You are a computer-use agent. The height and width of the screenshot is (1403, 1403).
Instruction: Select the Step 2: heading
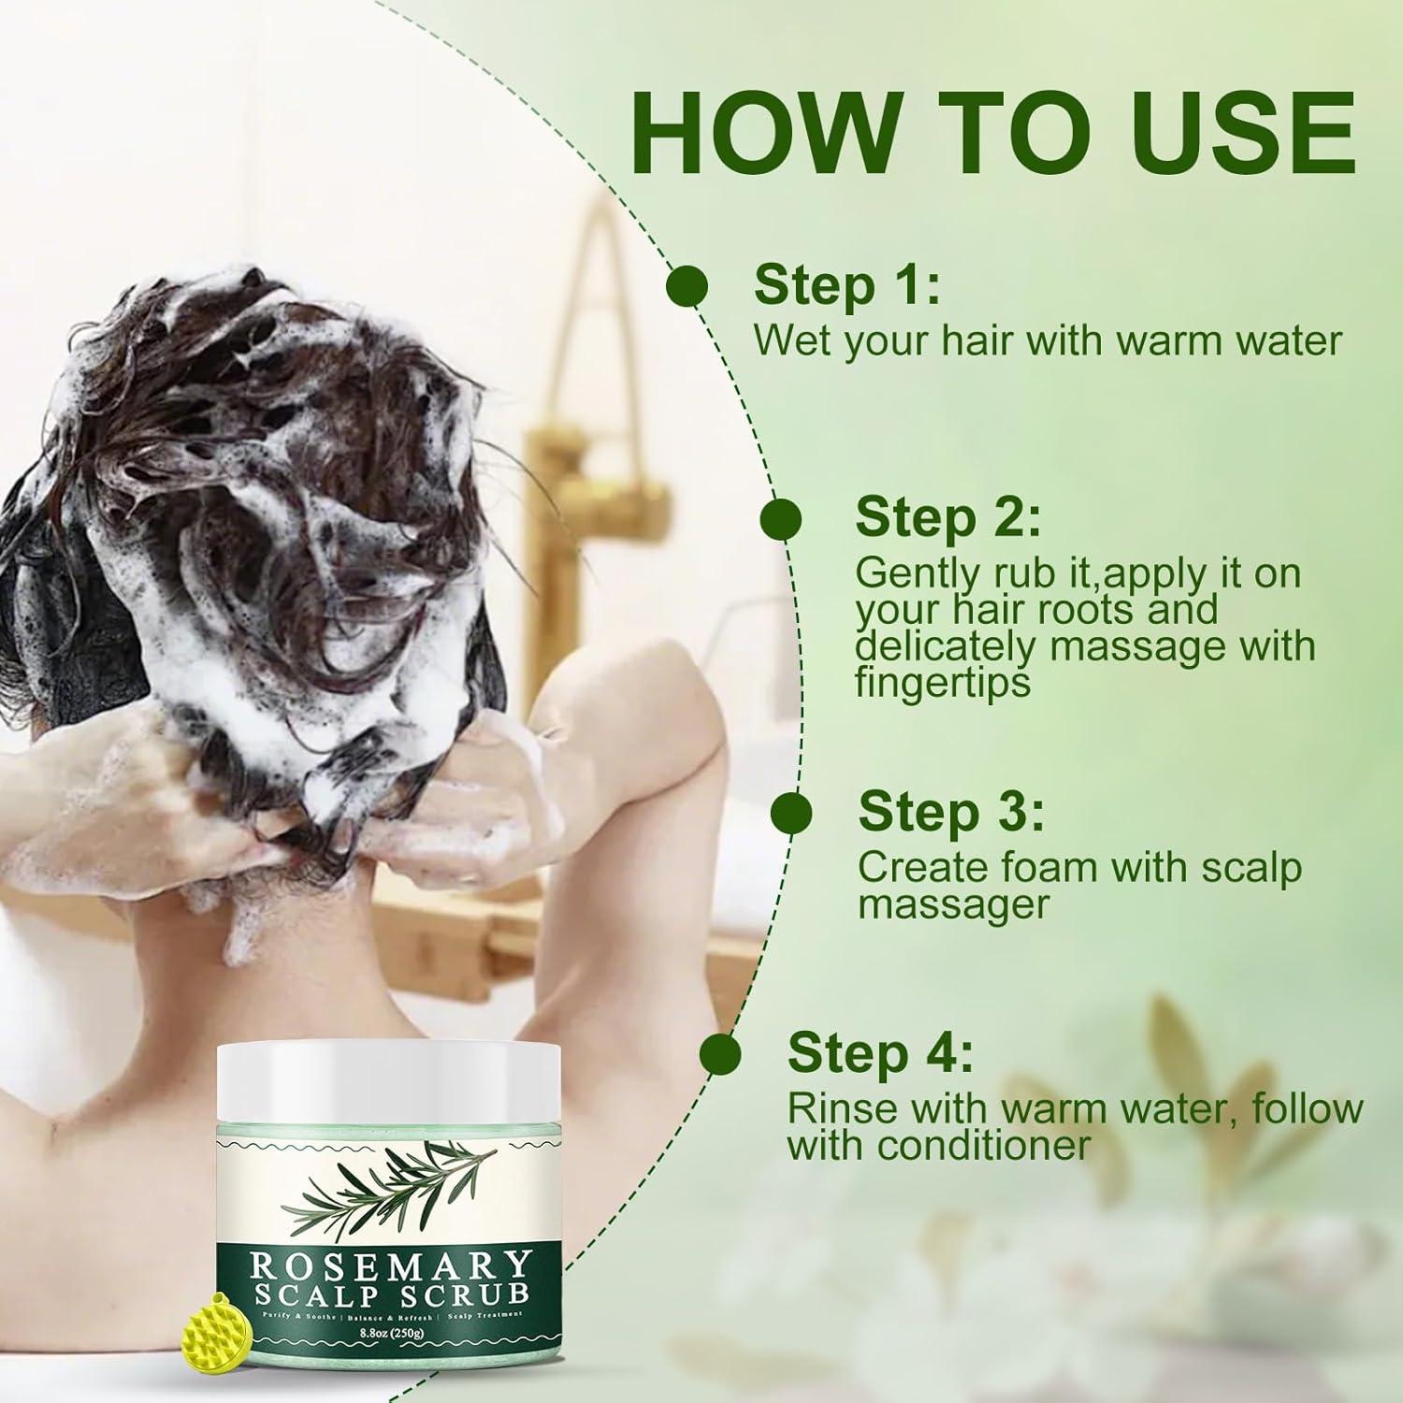[x=947, y=517]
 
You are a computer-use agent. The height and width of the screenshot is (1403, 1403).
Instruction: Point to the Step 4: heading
[x=880, y=1053]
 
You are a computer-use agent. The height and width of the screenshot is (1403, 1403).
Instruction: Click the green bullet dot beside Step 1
[x=687, y=284]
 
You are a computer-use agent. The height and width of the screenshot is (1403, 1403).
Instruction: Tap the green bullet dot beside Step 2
[x=781, y=519]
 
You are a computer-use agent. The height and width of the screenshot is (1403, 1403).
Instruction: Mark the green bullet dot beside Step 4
[x=720, y=1053]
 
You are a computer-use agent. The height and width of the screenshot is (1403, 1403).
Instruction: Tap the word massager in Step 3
[x=953, y=904]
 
